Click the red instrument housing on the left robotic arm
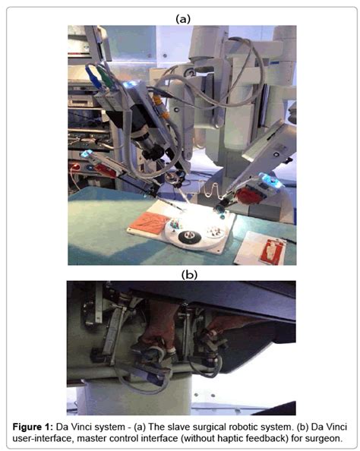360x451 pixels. [x=104, y=169]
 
